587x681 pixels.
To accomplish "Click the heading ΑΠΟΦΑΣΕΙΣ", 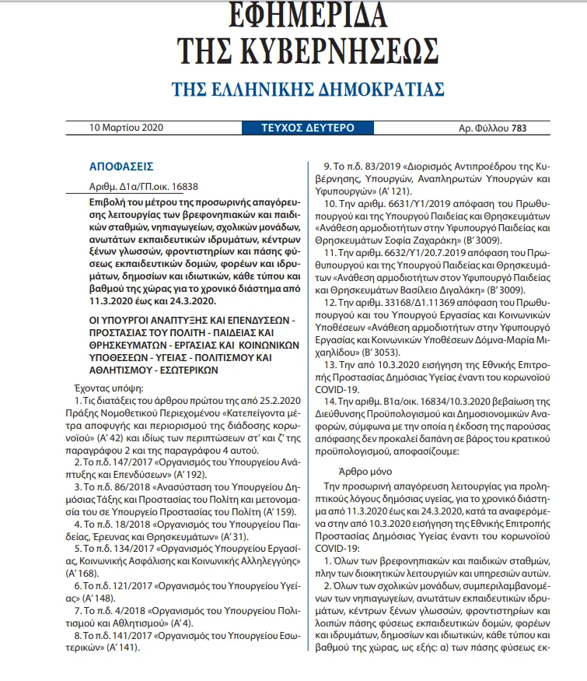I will coord(122,167).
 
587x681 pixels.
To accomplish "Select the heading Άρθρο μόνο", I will coord(369,471).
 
